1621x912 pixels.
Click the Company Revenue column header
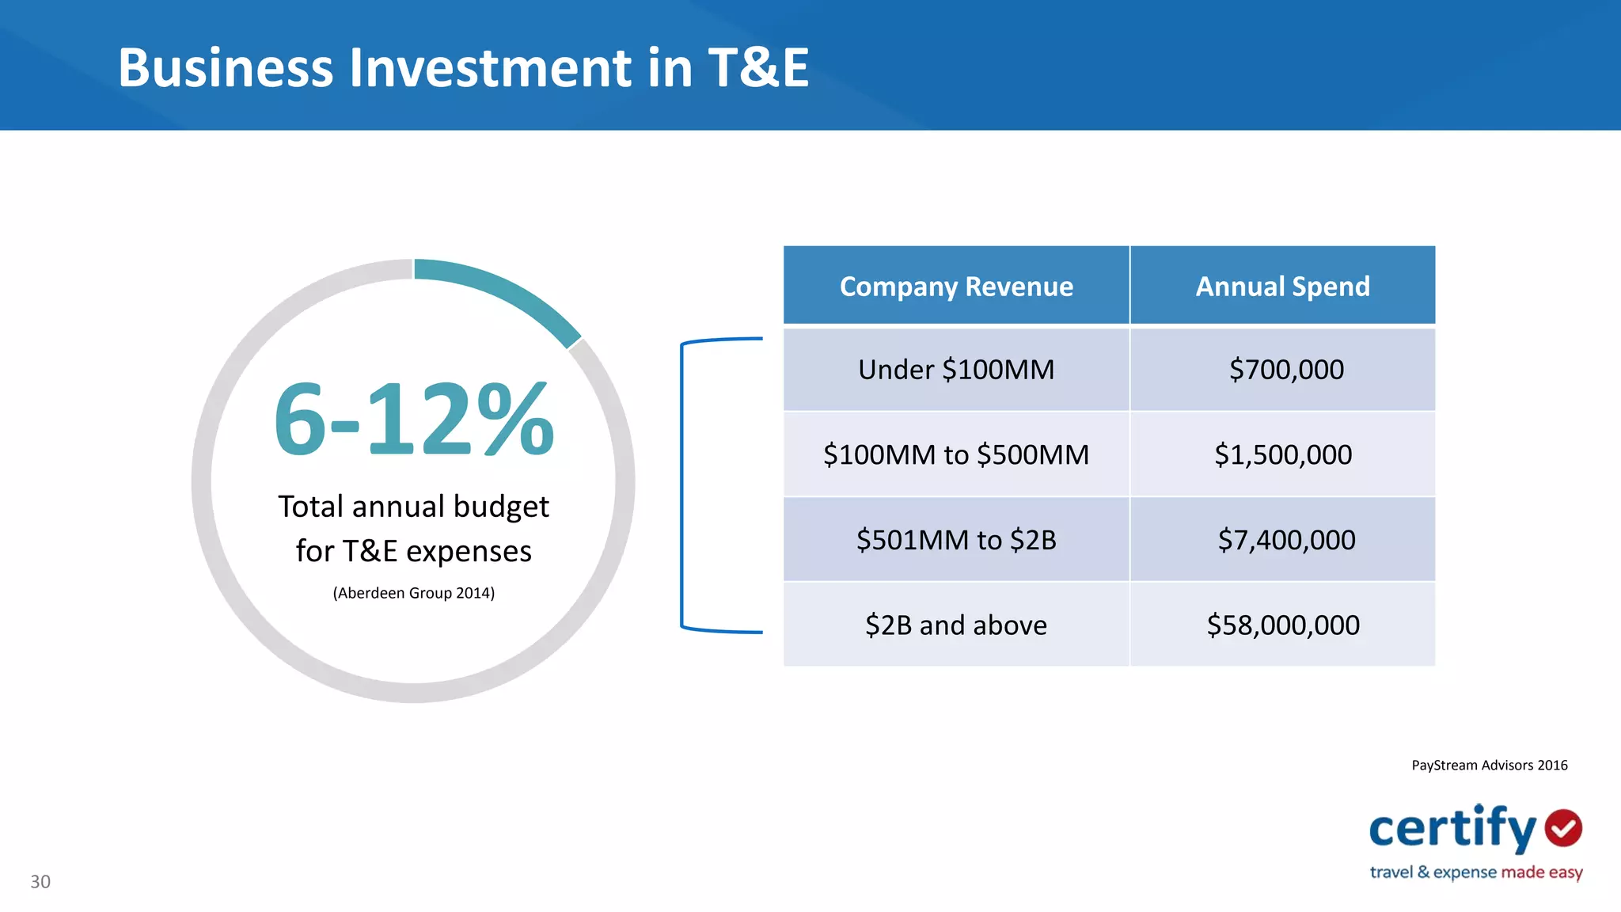click(956, 286)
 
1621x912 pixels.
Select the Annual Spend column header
click(1282, 286)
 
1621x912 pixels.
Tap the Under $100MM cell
click(956, 370)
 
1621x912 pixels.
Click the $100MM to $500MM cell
click(956, 454)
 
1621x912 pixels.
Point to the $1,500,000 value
click(1283, 454)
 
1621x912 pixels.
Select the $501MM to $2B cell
click(956, 540)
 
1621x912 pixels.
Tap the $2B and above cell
click(956, 625)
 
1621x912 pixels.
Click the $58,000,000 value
click(1283, 625)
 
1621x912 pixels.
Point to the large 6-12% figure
click(413, 420)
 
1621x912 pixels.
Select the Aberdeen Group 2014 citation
click(413, 593)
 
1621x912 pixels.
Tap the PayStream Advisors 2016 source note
click(1489, 766)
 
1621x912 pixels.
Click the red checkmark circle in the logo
click(1563, 828)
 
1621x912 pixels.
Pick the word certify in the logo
click(1452, 829)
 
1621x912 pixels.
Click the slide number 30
click(40, 882)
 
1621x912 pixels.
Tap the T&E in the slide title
click(757, 67)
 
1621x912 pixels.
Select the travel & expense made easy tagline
click(1476, 872)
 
